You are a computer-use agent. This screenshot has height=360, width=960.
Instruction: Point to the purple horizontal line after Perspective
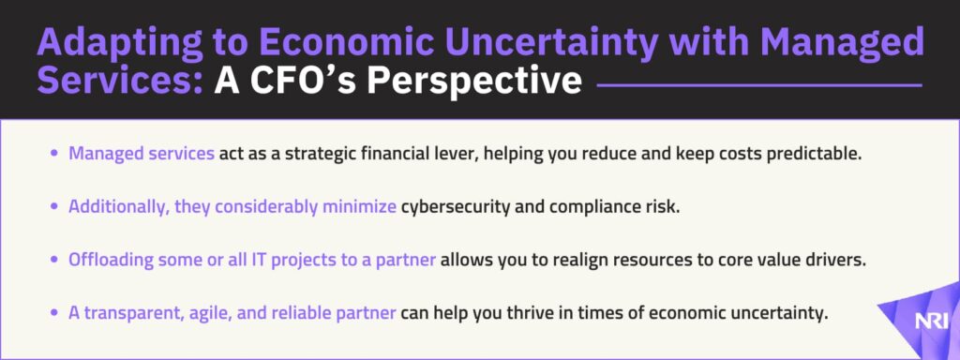758,85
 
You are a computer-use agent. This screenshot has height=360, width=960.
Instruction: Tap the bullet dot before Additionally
55,208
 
